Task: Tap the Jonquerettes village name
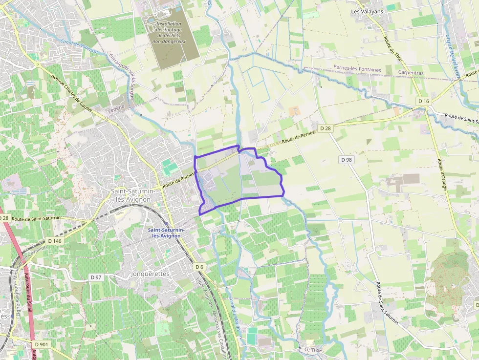pos(150,274)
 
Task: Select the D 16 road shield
pos(423,101)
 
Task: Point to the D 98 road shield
pos(346,160)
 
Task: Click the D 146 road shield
pos(55,241)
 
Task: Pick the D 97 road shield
pos(96,277)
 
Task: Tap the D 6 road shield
pos(199,267)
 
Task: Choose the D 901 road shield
pos(42,344)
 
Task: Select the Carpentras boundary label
pos(410,72)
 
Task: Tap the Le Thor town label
pos(310,350)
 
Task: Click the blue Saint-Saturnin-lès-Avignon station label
pos(164,233)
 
